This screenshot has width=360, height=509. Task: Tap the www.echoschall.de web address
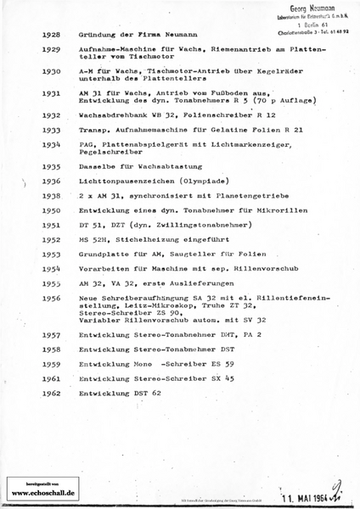click(43, 492)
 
